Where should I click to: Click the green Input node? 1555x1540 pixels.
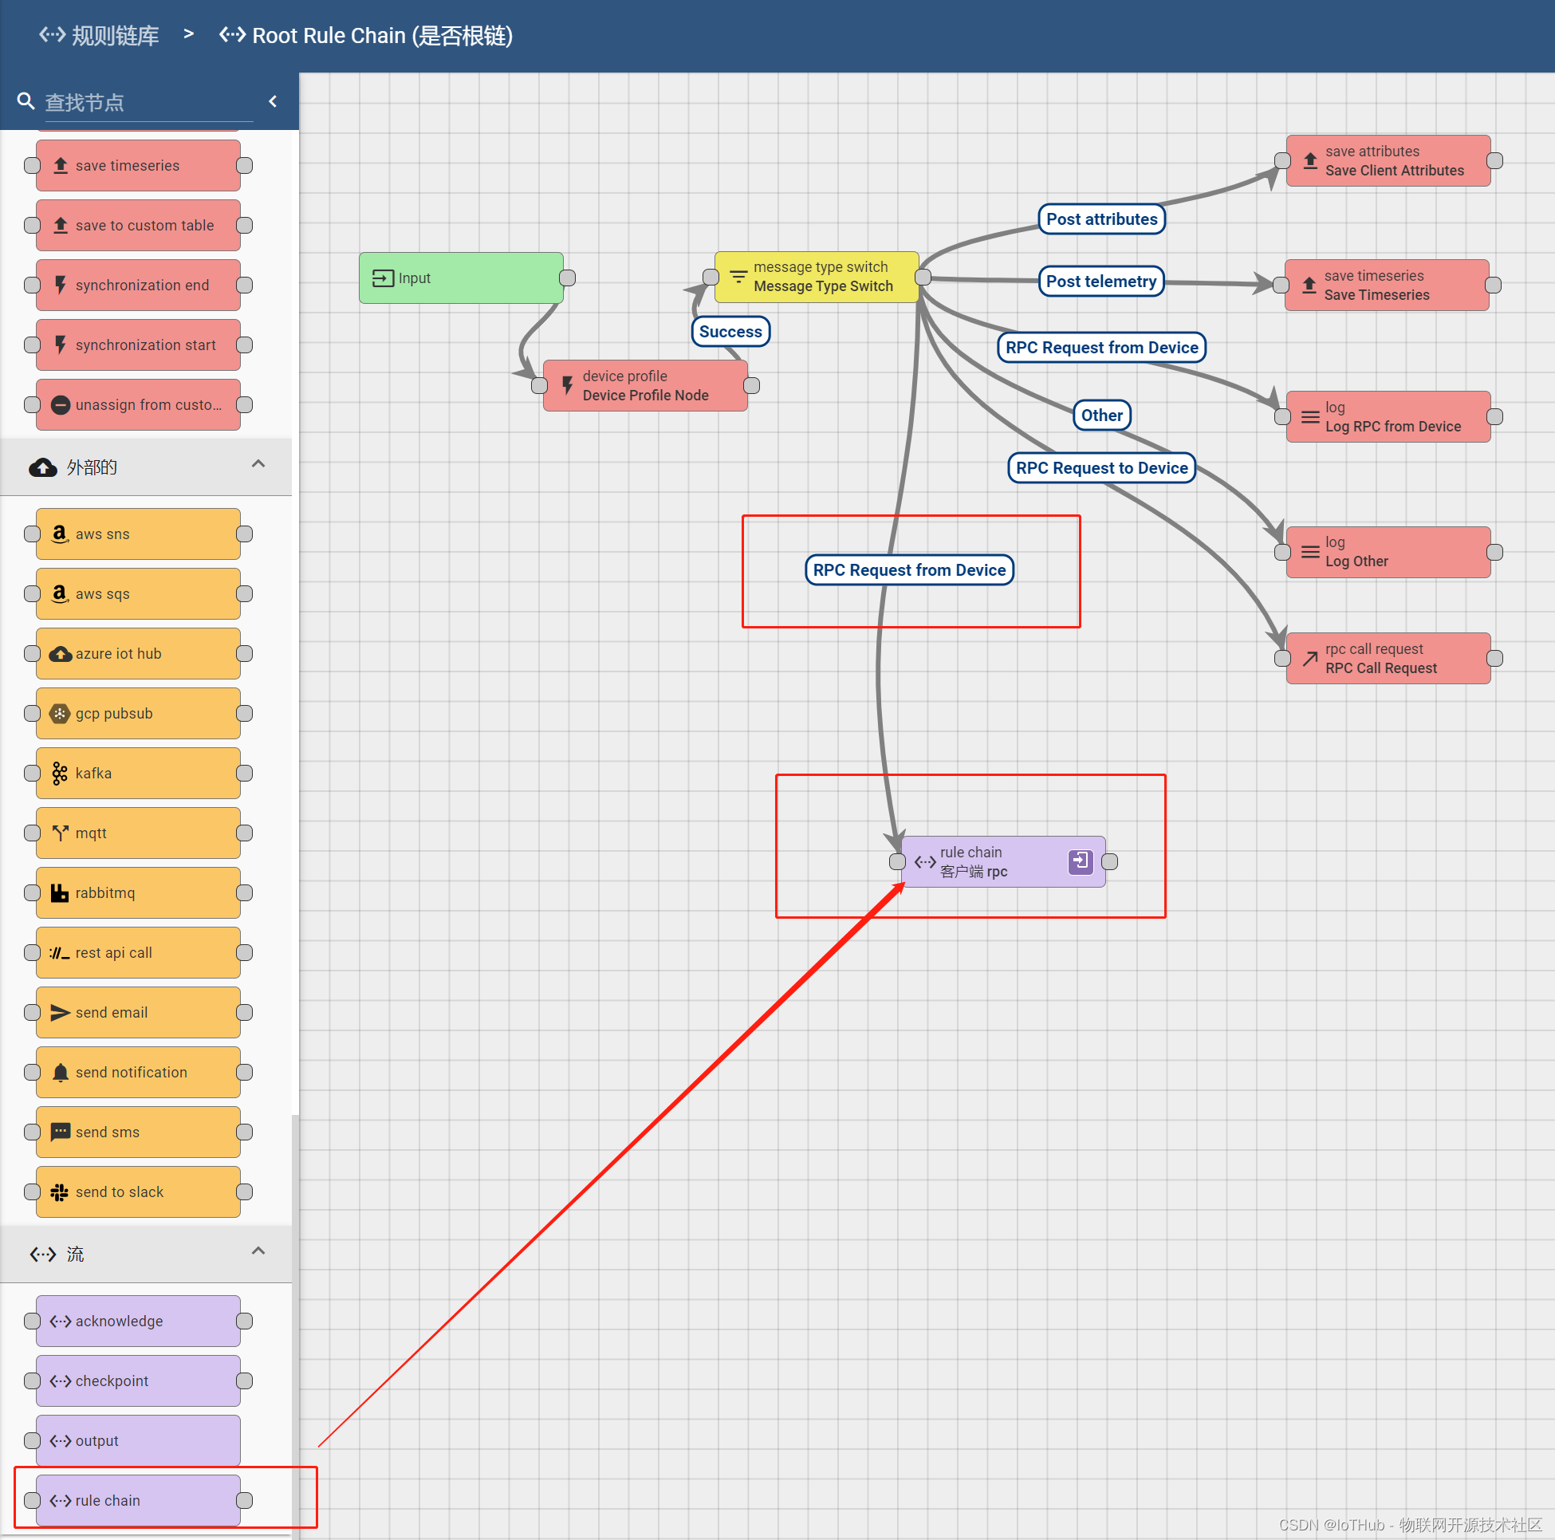click(x=460, y=278)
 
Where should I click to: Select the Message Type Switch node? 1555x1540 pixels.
click(x=816, y=277)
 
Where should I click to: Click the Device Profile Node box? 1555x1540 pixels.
click(x=644, y=386)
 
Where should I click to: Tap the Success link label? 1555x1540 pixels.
click(x=730, y=332)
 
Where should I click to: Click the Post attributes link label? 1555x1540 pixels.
click(x=1101, y=219)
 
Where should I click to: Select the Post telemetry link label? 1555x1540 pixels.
click(x=1100, y=282)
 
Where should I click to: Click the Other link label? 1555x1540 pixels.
click(x=1101, y=416)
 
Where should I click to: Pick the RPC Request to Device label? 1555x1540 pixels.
click(x=1101, y=467)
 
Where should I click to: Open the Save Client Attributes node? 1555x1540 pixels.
click(x=1388, y=161)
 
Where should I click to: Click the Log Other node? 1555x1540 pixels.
click(x=1388, y=552)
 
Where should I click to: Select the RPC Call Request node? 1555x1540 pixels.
click(x=1388, y=659)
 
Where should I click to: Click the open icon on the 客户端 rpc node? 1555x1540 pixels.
click(x=1079, y=861)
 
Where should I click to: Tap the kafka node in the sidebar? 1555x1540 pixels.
click(x=138, y=773)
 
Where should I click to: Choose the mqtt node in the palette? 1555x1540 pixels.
click(x=138, y=833)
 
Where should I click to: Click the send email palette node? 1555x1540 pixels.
click(x=138, y=1012)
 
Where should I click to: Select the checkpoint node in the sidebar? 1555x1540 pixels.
click(x=138, y=1380)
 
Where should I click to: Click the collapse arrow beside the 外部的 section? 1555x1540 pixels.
click(x=258, y=464)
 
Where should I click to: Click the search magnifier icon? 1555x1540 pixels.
click(x=26, y=101)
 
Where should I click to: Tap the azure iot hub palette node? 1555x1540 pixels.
click(x=138, y=654)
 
